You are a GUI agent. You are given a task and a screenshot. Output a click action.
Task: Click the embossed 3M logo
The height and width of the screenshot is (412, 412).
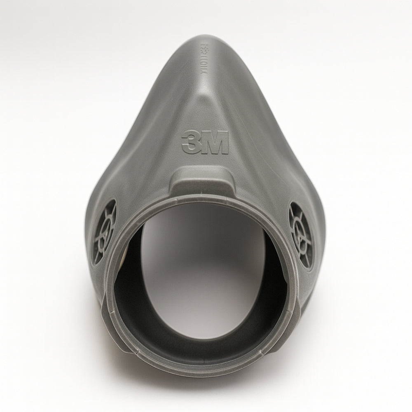click(x=205, y=143)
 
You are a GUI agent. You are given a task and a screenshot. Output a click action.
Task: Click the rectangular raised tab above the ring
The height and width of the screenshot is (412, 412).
click(x=201, y=182)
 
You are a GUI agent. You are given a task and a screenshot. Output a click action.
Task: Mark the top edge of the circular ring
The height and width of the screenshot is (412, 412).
click(x=202, y=199)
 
